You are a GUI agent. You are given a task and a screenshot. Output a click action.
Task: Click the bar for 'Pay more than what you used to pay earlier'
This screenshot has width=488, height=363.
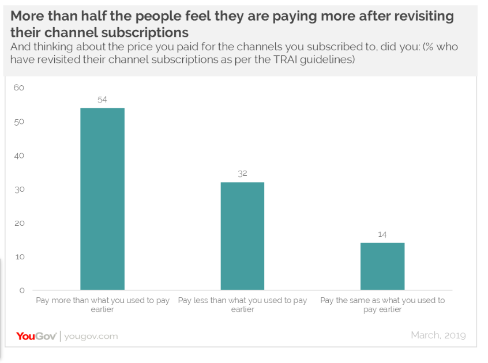click(102, 199)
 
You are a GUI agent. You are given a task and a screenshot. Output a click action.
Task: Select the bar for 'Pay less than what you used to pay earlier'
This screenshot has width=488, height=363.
click(242, 236)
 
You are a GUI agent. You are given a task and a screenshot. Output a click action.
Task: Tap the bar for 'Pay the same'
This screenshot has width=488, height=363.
click(382, 266)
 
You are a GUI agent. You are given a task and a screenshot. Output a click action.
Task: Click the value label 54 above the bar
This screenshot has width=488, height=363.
click(102, 100)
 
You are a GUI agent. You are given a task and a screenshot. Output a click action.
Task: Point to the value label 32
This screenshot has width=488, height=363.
click(242, 173)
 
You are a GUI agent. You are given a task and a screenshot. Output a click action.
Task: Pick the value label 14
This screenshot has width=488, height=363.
click(382, 234)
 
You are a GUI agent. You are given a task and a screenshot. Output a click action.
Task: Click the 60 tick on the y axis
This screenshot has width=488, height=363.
click(19, 88)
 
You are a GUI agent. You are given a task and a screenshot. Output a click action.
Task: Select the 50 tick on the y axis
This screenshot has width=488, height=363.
click(19, 122)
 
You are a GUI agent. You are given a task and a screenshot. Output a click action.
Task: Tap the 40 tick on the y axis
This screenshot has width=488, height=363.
click(19, 156)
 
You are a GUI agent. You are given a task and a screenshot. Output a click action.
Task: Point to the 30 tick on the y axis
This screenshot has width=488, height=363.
click(19, 190)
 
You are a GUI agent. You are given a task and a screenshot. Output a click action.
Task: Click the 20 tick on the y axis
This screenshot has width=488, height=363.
click(19, 223)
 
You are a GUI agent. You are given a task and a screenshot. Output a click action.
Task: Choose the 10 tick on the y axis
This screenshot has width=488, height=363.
click(19, 256)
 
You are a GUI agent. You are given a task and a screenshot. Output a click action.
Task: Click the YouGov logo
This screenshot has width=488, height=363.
click(35, 336)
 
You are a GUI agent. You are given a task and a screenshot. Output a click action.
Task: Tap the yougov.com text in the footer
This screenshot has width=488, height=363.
click(91, 336)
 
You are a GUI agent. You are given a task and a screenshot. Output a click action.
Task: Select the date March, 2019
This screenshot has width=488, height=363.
click(438, 335)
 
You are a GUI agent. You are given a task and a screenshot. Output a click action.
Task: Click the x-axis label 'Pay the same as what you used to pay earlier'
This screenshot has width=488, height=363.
click(382, 305)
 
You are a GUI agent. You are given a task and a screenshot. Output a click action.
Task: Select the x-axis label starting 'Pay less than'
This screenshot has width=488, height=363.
click(242, 305)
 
